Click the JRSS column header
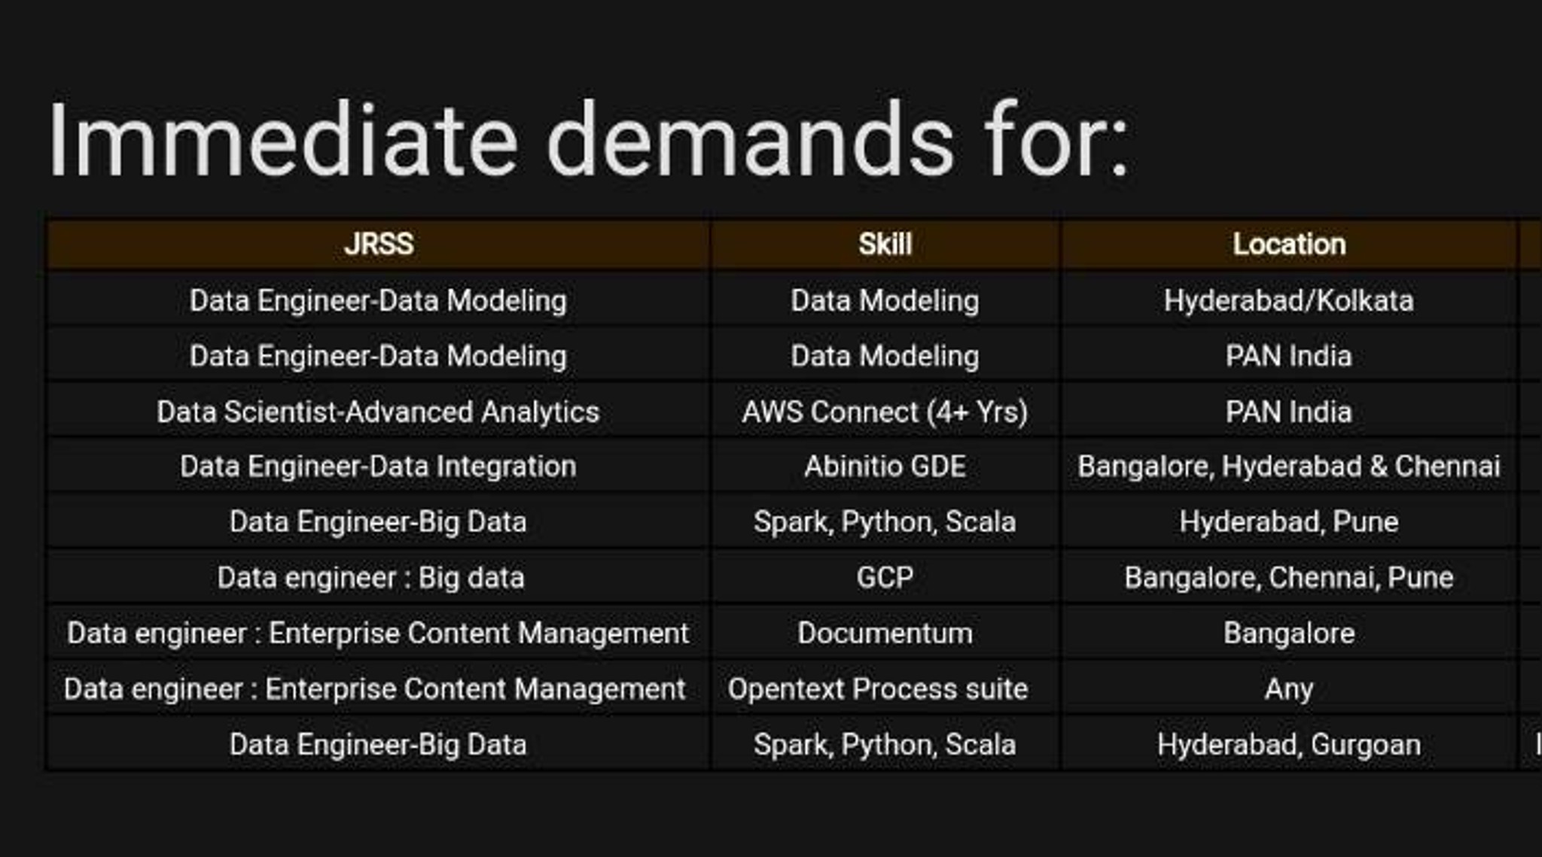(379, 245)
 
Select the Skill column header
(885, 245)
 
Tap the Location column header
(1288, 245)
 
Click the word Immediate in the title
(283, 141)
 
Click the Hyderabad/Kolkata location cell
(1288, 301)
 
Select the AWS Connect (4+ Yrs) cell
(885, 412)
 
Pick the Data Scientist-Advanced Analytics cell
(378, 412)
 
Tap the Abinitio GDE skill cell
(885, 466)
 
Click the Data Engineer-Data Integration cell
(378, 466)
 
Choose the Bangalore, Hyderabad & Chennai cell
(1288, 466)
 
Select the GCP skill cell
(885, 578)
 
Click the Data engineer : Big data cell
(370, 578)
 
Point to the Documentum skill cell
(885, 634)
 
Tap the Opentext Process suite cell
(877, 689)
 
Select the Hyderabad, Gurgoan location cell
(1288, 745)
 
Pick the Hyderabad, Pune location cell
(1288, 522)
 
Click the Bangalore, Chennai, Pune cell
(1288, 578)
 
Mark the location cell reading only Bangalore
(1288, 634)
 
